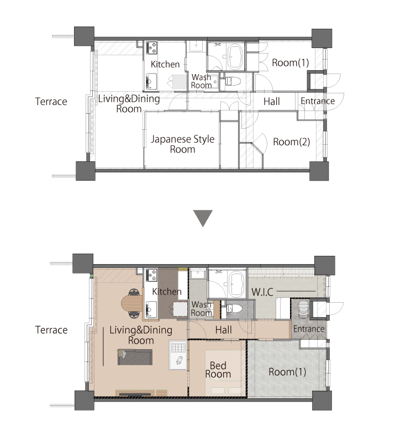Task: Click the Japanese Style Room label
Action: coord(183,144)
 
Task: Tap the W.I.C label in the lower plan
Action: coord(262,292)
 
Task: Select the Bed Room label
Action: coord(218,370)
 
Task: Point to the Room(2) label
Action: coord(291,142)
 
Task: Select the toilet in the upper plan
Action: coord(233,81)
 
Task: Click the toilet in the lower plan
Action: coord(234,309)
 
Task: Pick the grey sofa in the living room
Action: coord(135,357)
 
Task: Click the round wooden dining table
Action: coord(132,303)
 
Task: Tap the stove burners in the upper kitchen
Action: coord(151,48)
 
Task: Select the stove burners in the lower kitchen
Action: coord(151,275)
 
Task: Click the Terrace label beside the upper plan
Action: coord(51,102)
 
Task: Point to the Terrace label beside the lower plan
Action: coord(51,330)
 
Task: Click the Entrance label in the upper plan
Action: coord(318,101)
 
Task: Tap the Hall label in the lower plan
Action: coord(223,330)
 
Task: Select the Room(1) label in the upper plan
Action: coord(290,62)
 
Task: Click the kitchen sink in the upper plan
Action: coord(151,81)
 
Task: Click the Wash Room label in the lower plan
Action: coord(201,308)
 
